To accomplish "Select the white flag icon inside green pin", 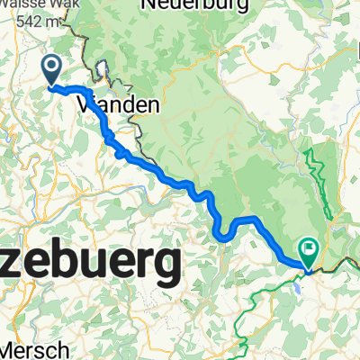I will pyautogui.click(x=309, y=247).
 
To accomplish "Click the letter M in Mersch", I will pyautogui.click(x=7, y=349).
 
